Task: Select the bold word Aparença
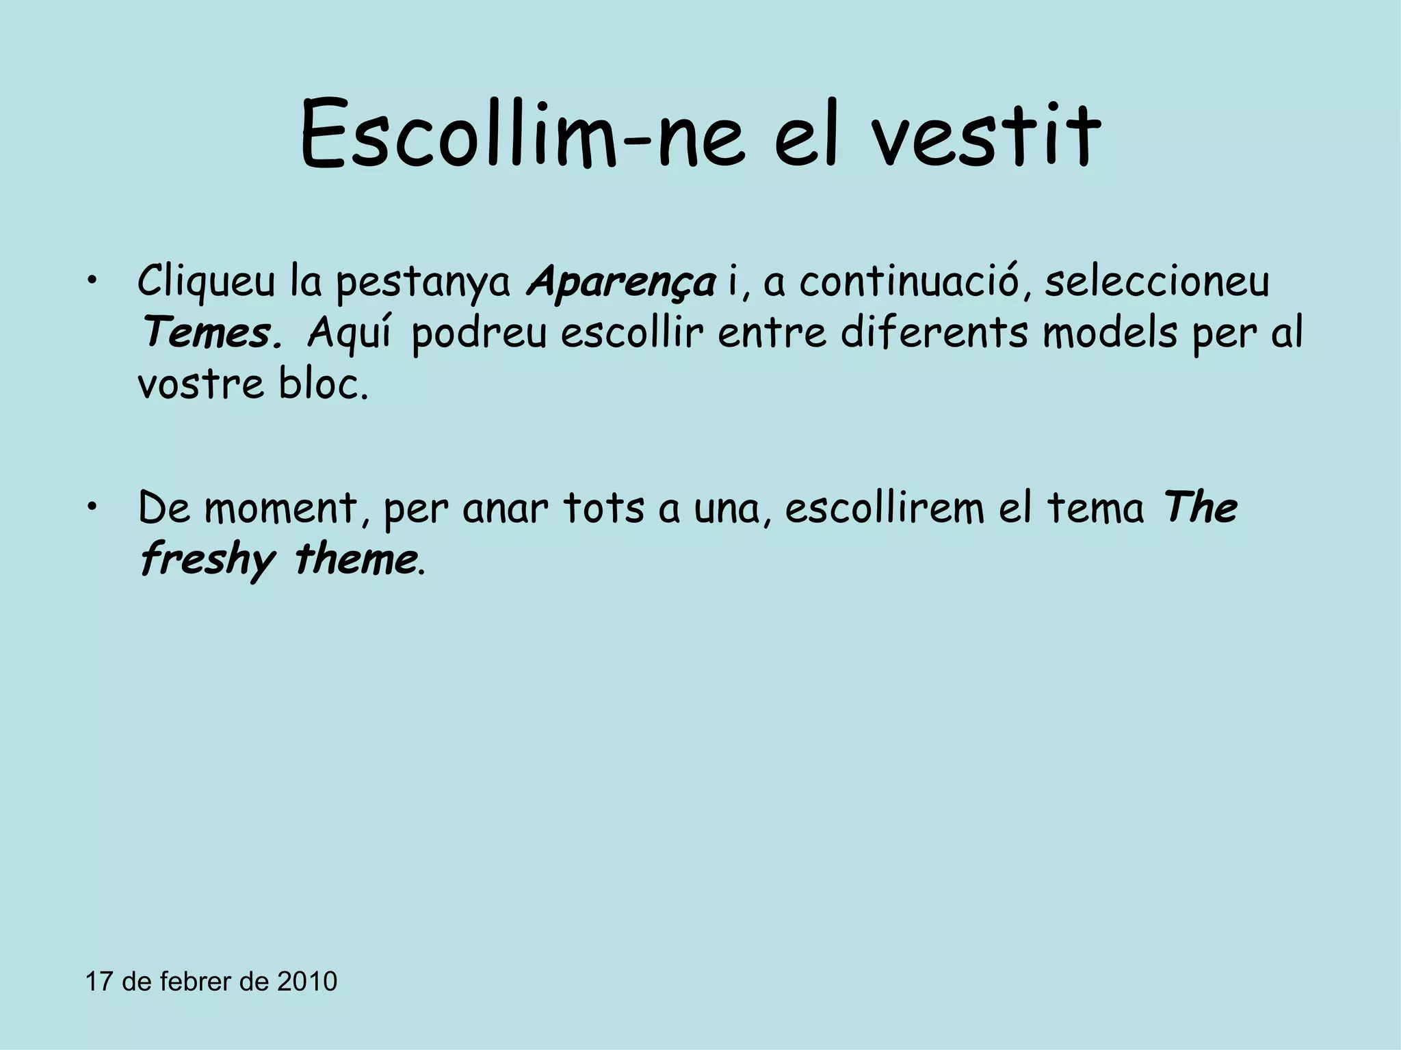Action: point(621,282)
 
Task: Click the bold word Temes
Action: point(209,334)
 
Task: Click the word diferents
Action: point(934,333)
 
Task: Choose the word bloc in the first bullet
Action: point(322,385)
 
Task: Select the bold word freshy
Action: point(207,561)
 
